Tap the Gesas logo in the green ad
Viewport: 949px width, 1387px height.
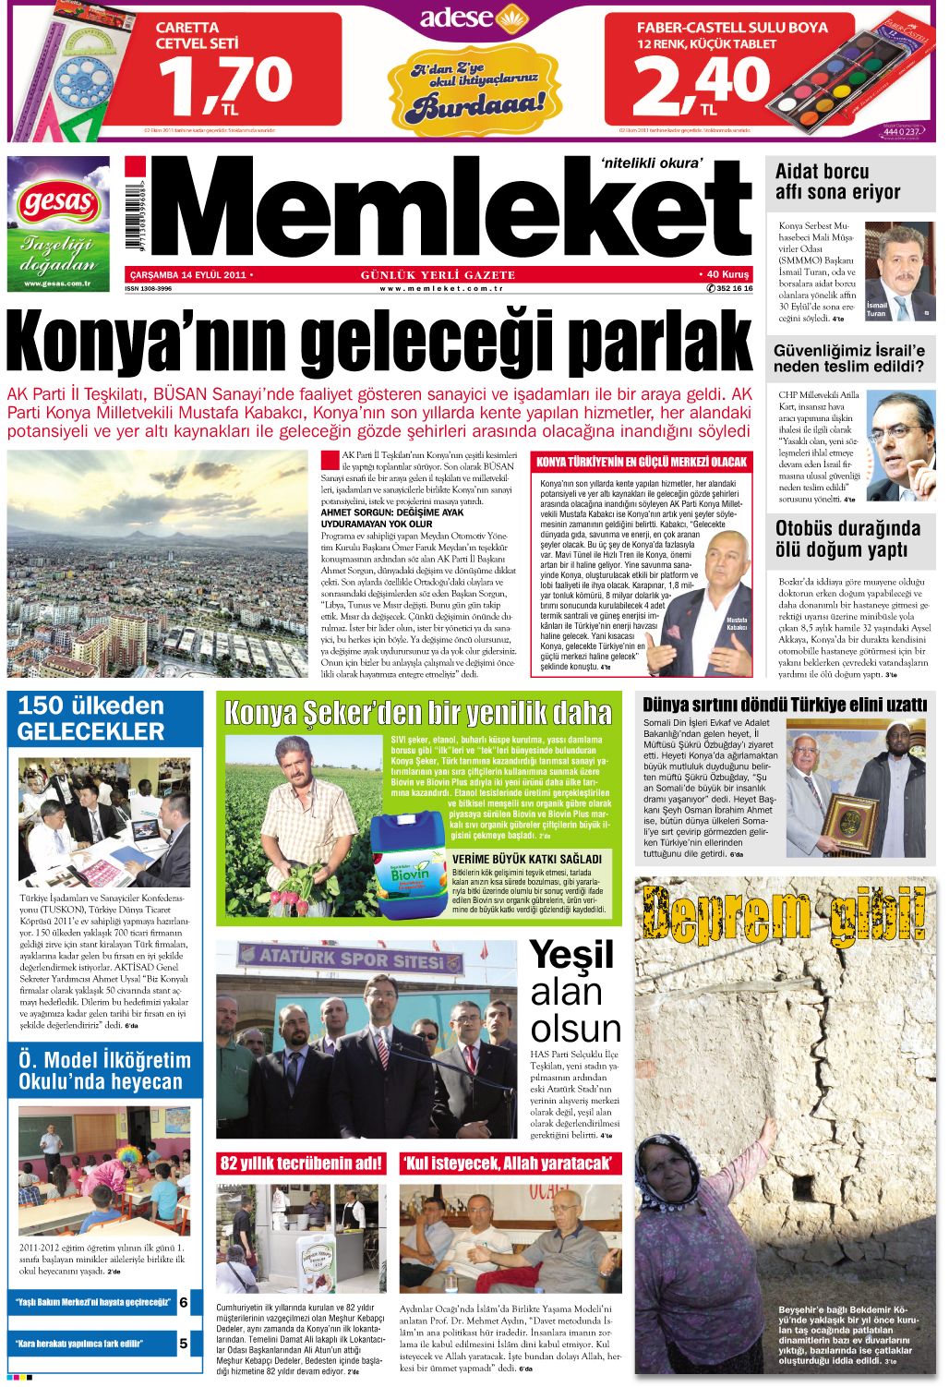pos(57,201)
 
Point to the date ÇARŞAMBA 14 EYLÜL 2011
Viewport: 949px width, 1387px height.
pos(189,274)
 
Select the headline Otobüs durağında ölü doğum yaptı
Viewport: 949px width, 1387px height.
pos(847,539)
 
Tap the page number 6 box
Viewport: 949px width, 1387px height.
pos(184,1302)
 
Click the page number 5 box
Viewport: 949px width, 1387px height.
pos(184,1344)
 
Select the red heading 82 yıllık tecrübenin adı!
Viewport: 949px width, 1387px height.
pos(301,1164)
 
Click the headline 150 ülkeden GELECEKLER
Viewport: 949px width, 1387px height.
pos(91,718)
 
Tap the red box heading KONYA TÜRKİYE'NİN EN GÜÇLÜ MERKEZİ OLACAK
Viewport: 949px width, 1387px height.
pos(642,462)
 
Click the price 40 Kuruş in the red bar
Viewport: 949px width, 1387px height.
pos(727,274)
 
